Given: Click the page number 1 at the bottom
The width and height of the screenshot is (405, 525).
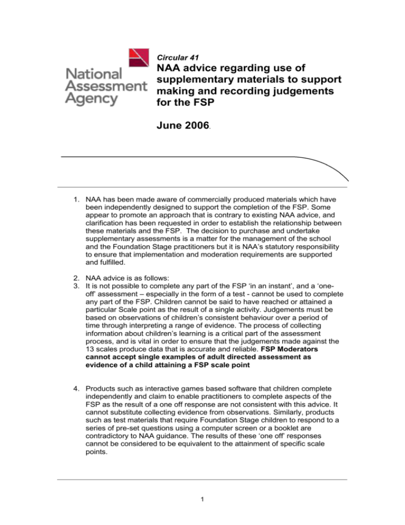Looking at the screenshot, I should (202, 504).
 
